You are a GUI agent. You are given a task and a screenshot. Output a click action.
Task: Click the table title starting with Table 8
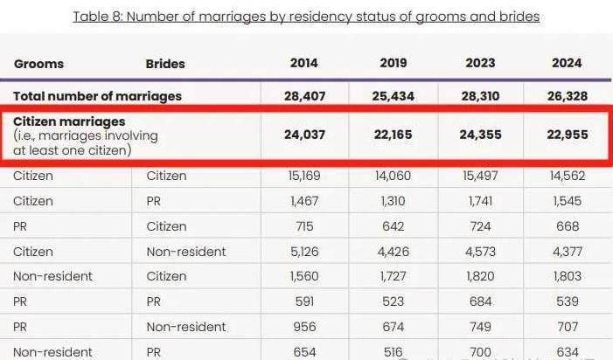[x=306, y=17]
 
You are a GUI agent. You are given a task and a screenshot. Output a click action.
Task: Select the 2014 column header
[x=304, y=64]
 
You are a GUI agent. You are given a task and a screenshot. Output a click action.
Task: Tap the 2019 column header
[x=394, y=64]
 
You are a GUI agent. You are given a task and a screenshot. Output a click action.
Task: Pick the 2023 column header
[x=480, y=64]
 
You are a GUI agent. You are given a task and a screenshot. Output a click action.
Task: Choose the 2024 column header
[x=568, y=64]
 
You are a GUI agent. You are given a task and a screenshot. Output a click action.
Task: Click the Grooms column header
[x=38, y=64]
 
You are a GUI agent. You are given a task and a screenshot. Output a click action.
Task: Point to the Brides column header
[x=165, y=64]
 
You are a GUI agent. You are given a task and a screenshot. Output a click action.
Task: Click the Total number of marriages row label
[x=98, y=96]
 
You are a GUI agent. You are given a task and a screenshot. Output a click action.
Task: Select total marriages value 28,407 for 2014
[x=304, y=96]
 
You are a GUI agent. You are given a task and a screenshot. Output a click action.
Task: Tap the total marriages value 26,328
[x=568, y=96]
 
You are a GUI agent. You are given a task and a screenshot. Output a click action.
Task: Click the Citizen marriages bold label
[x=69, y=121]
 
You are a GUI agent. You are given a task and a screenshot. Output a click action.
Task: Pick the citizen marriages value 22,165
[x=394, y=135]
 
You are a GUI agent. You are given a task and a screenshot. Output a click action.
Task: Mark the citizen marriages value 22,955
[x=568, y=135]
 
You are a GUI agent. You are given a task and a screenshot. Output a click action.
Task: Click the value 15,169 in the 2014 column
[x=304, y=176]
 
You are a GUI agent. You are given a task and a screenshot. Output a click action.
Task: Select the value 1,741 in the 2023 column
[x=480, y=201]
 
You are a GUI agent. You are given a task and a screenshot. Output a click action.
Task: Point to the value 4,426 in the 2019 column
[x=394, y=252]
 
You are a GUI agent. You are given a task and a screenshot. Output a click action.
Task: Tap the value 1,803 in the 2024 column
[x=568, y=277]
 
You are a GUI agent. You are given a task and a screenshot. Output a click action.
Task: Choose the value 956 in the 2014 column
[x=304, y=328]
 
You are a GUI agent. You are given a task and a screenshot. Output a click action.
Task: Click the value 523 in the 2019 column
[x=394, y=302]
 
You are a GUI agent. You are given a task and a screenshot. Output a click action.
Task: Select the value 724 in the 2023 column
[x=480, y=226]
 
